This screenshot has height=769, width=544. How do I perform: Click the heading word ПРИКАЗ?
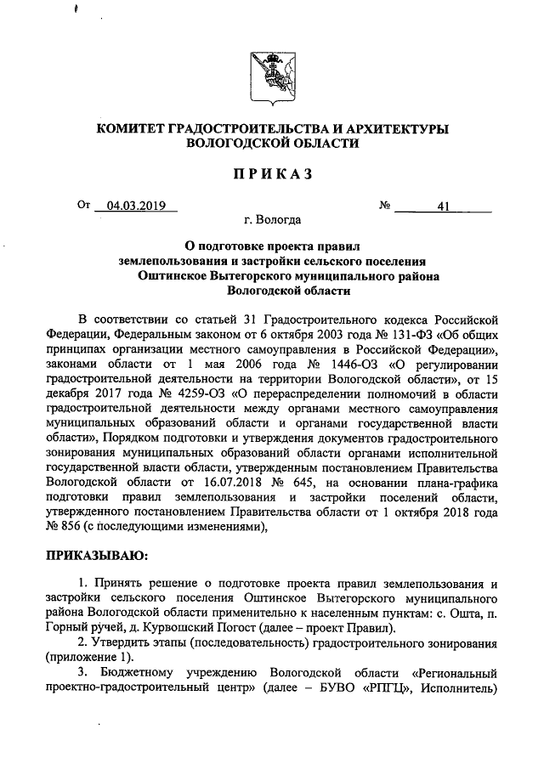pyautogui.click(x=272, y=174)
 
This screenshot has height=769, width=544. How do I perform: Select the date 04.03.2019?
pyautogui.click(x=135, y=206)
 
